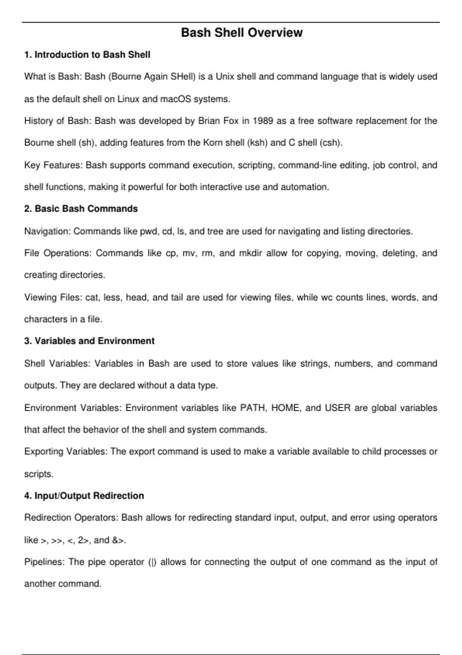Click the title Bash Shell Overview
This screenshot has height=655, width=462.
pos(242,33)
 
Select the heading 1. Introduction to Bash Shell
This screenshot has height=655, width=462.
pos(87,55)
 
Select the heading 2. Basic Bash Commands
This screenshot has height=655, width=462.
pos(81,209)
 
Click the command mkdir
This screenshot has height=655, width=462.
pos(251,253)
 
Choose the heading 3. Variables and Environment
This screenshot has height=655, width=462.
pos(89,341)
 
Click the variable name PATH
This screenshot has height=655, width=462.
pos(253,408)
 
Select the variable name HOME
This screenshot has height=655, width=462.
pos(285,408)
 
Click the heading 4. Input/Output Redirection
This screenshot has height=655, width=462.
pos(84,496)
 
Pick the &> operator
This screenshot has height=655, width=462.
pos(118,540)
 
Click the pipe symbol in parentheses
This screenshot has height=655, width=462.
pos(152,562)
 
